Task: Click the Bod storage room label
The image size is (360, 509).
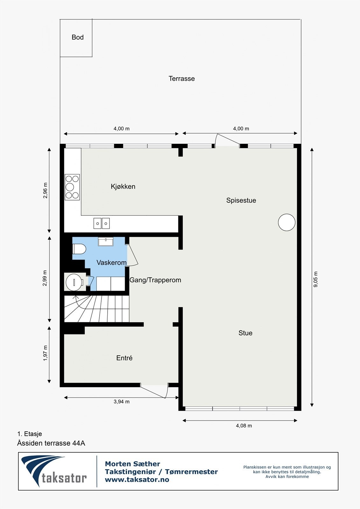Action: click(77, 37)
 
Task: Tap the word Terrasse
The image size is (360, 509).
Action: click(181, 79)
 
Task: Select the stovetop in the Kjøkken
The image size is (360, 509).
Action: click(72, 187)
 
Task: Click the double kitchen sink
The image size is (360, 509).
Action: click(102, 223)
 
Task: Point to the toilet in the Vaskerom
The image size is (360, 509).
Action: click(79, 249)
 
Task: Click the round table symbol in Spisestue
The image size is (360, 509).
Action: click(286, 222)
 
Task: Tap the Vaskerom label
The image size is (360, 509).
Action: click(111, 262)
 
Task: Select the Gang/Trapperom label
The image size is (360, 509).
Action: click(155, 280)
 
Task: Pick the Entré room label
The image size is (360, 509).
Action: click(124, 358)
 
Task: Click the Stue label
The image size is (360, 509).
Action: click(245, 333)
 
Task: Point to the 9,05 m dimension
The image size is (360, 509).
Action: click(316, 279)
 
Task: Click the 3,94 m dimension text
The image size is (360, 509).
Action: click(121, 401)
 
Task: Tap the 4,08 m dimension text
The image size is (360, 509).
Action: click(244, 426)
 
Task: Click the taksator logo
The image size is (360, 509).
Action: click(54, 471)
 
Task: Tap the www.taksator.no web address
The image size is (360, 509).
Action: click(137, 479)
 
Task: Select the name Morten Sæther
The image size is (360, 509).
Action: click(132, 464)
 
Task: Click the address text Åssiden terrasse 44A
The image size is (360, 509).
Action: click(51, 443)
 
